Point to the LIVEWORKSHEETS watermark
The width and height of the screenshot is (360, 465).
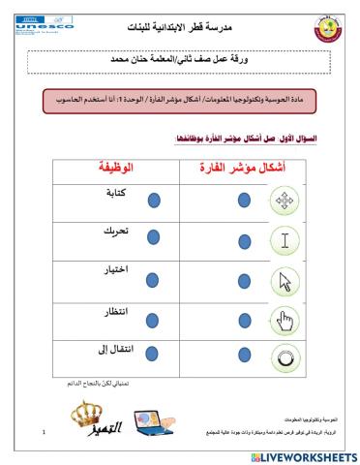click(303, 455)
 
